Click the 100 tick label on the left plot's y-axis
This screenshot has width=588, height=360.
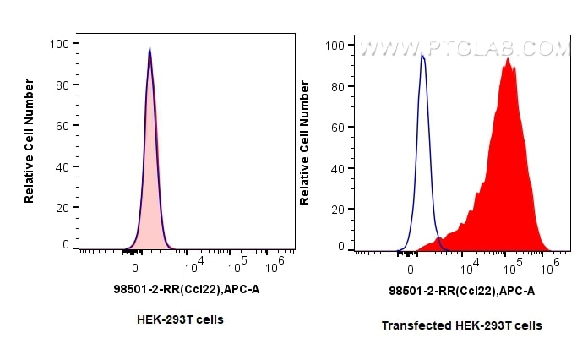click(59, 42)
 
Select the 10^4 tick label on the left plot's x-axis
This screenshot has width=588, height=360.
click(192, 266)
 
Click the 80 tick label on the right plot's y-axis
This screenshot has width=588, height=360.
click(338, 85)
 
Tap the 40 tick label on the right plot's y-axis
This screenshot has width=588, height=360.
click(338, 167)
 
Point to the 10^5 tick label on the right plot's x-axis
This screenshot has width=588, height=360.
click(509, 268)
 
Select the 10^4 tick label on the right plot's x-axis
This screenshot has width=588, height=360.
click(467, 268)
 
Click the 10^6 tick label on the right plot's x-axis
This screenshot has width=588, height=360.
click(550, 268)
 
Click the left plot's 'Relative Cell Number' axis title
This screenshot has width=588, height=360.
click(30, 140)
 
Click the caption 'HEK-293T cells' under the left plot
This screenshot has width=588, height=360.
click(179, 319)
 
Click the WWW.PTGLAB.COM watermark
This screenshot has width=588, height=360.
click(465, 49)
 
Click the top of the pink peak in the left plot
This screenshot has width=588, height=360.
click(150, 49)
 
